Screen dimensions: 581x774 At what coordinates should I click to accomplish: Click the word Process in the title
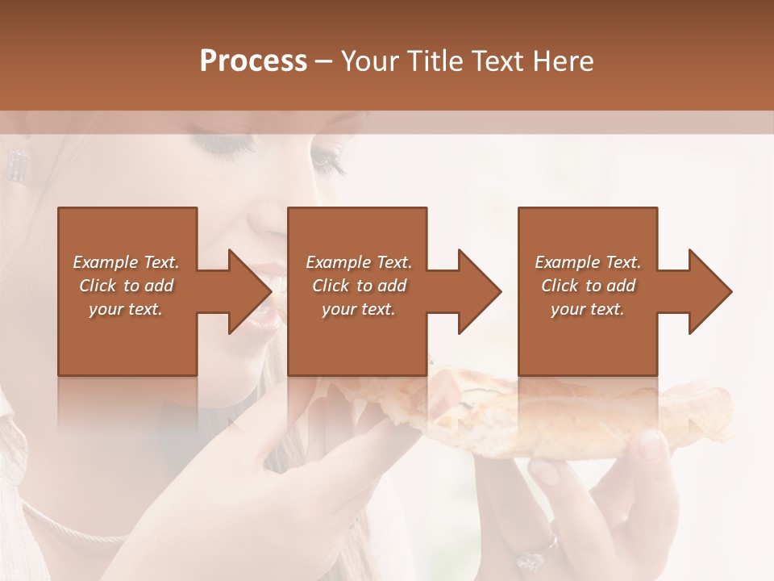253,61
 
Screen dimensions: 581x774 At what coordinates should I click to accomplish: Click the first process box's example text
126,286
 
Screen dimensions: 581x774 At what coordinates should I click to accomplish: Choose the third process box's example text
588,286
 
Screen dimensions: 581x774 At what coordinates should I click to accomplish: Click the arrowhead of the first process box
249,291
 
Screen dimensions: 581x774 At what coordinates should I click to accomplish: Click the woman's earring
16,165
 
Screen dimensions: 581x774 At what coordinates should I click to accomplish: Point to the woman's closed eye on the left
222,146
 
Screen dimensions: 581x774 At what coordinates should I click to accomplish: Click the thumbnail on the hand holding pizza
650,444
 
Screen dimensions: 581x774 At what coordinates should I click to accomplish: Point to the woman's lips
262,299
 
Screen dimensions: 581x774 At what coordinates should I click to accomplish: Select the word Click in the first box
98,286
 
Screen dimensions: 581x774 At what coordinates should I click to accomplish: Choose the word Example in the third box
566,262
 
